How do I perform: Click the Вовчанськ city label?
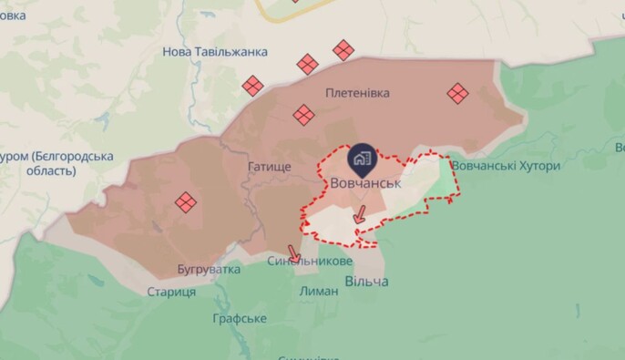(366, 182)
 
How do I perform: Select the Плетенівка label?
(357, 92)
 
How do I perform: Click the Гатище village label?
(269, 168)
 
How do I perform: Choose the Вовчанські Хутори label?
(506, 166)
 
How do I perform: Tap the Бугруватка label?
(210, 270)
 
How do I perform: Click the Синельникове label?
(310, 261)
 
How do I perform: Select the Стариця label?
(171, 292)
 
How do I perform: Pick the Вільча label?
(366, 282)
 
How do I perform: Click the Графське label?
(239, 318)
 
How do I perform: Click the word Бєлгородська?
(72, 156)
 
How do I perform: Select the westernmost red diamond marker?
(187, 201)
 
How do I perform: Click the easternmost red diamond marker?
(457, 93)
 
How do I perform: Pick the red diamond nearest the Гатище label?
(303, 115)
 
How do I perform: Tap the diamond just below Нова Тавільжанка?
(252, 86)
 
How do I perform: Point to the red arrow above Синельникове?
(293, 252)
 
